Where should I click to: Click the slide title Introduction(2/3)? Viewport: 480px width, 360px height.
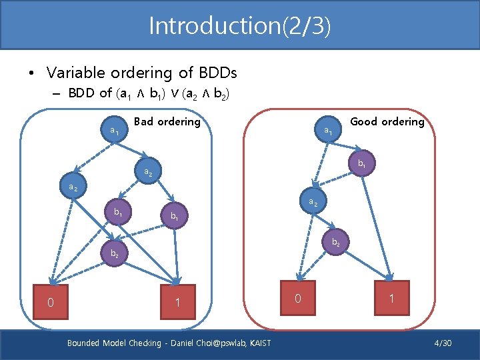(239, 26)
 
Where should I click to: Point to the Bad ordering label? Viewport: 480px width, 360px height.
(167, 121)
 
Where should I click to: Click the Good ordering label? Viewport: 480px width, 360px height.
(387, 121)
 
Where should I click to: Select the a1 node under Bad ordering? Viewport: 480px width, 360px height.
(115, 131)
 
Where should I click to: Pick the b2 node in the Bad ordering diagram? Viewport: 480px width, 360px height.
(115, 253)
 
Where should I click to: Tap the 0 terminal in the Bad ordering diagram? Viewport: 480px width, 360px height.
(51, 303)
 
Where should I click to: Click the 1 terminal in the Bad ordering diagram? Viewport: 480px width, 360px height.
(177, 303)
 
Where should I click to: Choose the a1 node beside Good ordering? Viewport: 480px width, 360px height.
(328, 131)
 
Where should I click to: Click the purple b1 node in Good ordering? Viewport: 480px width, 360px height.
(361, 163)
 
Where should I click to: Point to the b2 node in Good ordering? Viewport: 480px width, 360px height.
(336, 243)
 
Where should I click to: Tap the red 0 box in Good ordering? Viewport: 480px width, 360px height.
(298, 299)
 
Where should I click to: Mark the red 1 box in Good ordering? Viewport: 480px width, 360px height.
(391, 299)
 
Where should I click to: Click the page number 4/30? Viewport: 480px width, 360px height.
(443, 343)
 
